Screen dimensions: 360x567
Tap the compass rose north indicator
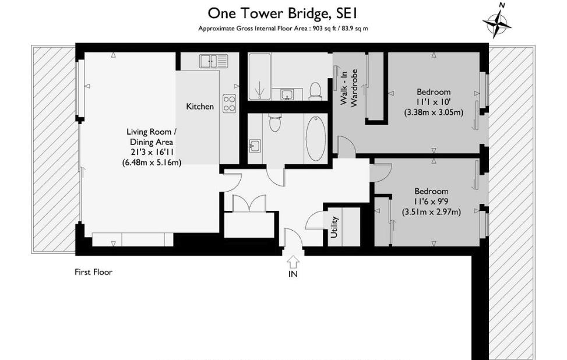pos(497,21)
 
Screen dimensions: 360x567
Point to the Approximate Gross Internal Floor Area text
pos(283,28)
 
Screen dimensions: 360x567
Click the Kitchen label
pos(199,107)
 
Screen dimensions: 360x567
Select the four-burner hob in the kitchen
pos(229,103)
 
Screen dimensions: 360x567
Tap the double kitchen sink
pos(214,61)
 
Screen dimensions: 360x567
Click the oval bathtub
pos(315,137)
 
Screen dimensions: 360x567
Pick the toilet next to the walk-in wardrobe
pos(315,91)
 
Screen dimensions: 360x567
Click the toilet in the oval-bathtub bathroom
pos(274,123)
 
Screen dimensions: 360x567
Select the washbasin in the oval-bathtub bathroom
pos(255,145)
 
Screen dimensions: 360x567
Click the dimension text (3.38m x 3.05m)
pos(434,112)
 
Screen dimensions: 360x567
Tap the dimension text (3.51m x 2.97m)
pos(431,212)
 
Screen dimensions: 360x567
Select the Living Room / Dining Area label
pos(152,137)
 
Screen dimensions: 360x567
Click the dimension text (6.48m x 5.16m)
pos(152,163)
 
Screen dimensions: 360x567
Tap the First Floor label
pos(93,272)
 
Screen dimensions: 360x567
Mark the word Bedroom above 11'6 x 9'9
pos(431,191)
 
